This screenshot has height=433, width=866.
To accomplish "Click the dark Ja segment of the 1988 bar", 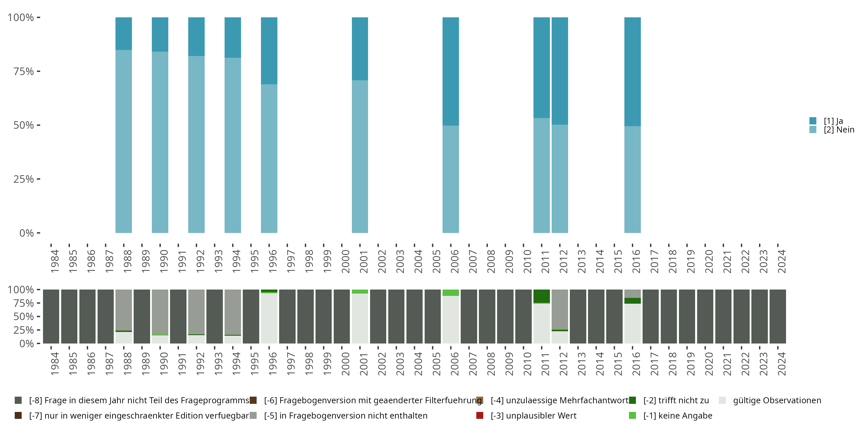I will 124,33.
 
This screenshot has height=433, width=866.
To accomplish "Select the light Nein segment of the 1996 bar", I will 269,158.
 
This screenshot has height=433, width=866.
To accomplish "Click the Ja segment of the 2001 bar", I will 360,49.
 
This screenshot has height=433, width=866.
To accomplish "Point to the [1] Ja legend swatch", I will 813,121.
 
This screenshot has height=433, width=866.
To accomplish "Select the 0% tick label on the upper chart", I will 27,233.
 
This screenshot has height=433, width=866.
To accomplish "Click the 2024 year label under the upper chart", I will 782,261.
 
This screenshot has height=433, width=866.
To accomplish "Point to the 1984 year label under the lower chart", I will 55,364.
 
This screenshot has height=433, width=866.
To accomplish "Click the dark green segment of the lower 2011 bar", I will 542,296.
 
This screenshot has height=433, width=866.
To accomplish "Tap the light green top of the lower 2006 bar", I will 451,292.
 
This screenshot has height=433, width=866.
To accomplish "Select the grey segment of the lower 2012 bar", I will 560,309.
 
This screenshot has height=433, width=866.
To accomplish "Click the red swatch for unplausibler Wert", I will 480,415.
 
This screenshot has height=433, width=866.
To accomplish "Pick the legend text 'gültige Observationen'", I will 777,400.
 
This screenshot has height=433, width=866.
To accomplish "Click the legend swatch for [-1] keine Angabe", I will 632,415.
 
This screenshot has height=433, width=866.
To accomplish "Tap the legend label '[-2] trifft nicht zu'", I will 676,400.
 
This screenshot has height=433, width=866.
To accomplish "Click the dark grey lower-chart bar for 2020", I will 705,316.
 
